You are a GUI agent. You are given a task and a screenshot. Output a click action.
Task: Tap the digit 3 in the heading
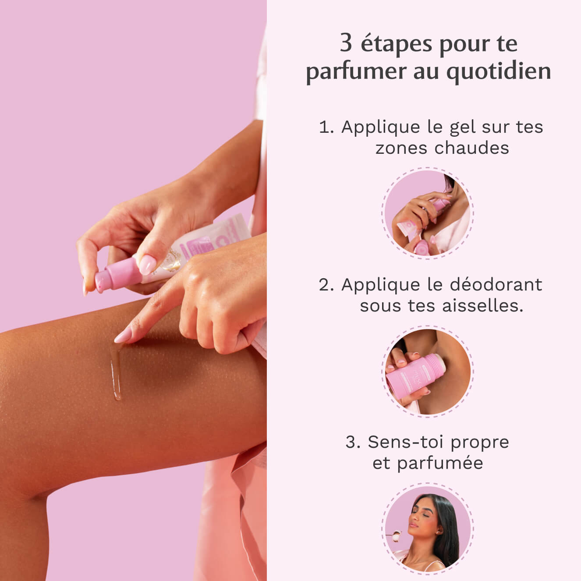346,43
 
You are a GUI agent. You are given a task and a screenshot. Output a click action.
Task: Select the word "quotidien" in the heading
498,71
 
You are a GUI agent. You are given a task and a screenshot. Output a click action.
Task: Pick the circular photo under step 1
427,213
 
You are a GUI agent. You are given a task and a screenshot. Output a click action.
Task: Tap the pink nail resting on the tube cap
147,264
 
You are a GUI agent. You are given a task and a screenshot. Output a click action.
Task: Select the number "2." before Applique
326,285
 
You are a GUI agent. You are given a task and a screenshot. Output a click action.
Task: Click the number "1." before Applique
326,128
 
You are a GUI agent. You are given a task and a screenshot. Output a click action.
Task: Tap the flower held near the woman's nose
397,534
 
